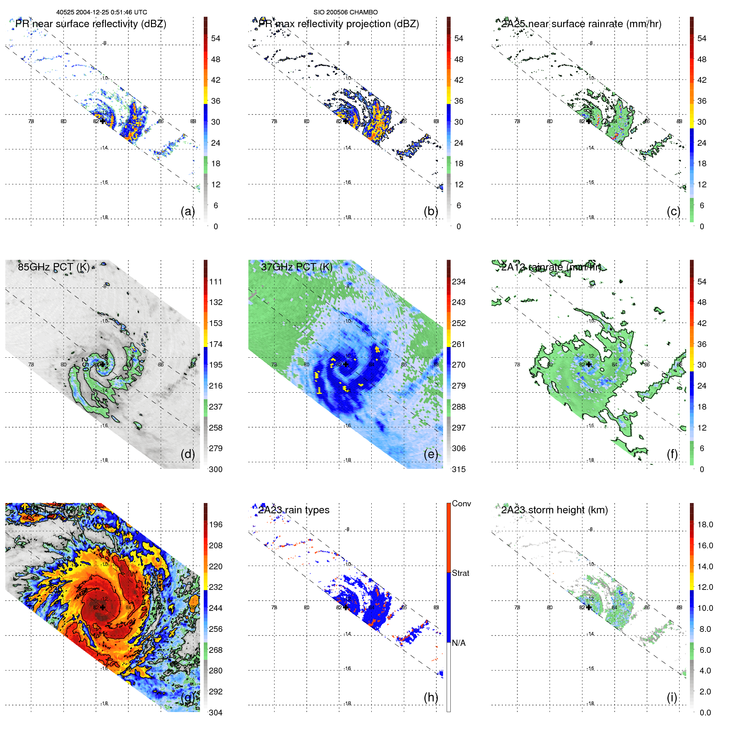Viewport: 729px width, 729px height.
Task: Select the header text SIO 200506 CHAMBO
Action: tap(345, 12)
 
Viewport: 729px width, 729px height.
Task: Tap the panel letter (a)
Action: tap(188, 211)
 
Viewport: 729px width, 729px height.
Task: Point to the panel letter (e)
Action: tap(431, 454)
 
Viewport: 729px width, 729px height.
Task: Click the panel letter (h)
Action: tap(431, 697)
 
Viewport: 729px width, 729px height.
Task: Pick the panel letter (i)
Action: tap(672, 697)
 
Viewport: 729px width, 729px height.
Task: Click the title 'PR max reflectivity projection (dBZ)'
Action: tap(338, 24)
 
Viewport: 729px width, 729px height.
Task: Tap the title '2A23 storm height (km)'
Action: tap(554, 510)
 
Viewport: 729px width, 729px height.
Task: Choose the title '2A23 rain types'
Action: tap(293, 510)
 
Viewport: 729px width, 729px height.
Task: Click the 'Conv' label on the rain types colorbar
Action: tap(461, 503)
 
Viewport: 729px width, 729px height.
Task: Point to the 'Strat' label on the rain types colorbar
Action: tap(460, 573)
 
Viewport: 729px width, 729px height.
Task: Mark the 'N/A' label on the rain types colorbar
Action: tap(459, 643)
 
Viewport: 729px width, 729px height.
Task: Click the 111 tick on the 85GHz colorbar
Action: tap(216, 282)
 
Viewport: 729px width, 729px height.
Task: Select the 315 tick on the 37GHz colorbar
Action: tap(459, 469)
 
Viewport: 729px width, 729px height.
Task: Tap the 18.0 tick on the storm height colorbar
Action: tap(705, 524)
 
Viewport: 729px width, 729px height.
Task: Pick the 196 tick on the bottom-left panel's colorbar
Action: tap(216, 524)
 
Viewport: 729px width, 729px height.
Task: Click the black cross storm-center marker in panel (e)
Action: tap(346, 364)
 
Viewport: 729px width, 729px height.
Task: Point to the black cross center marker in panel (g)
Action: tap(102, 607)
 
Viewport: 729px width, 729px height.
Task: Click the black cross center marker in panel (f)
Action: tap(589, 364)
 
